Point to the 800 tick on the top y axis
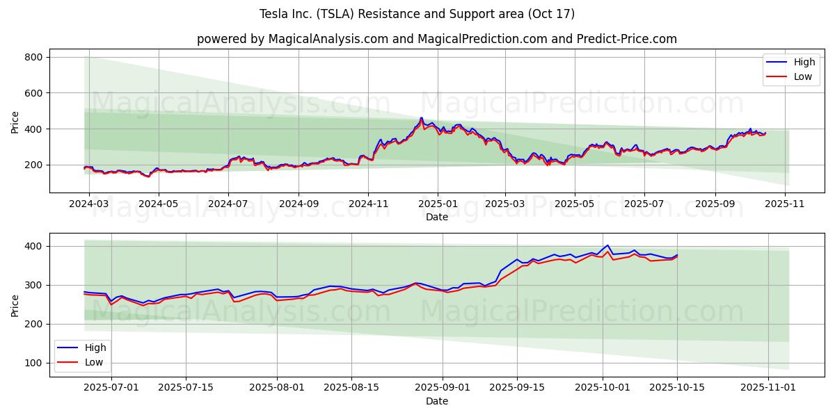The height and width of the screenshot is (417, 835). [33, 57]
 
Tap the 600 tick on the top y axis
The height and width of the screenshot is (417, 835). [33, 93]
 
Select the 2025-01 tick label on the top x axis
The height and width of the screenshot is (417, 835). [438, 204]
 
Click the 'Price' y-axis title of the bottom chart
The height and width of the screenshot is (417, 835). [15, 304]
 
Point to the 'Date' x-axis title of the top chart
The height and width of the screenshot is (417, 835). [436, 218]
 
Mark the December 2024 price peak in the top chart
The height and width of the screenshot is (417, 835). [421, 118]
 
